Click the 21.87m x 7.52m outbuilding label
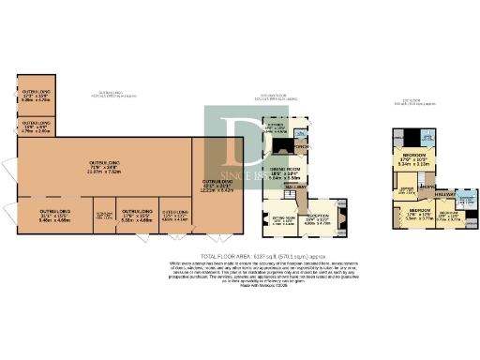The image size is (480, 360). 104,166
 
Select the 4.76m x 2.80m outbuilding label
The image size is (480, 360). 36,127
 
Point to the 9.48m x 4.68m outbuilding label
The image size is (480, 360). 55,217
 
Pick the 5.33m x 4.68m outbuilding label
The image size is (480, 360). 137,217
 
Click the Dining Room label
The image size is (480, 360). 286,173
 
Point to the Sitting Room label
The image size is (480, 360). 283,221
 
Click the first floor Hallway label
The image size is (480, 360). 443,194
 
